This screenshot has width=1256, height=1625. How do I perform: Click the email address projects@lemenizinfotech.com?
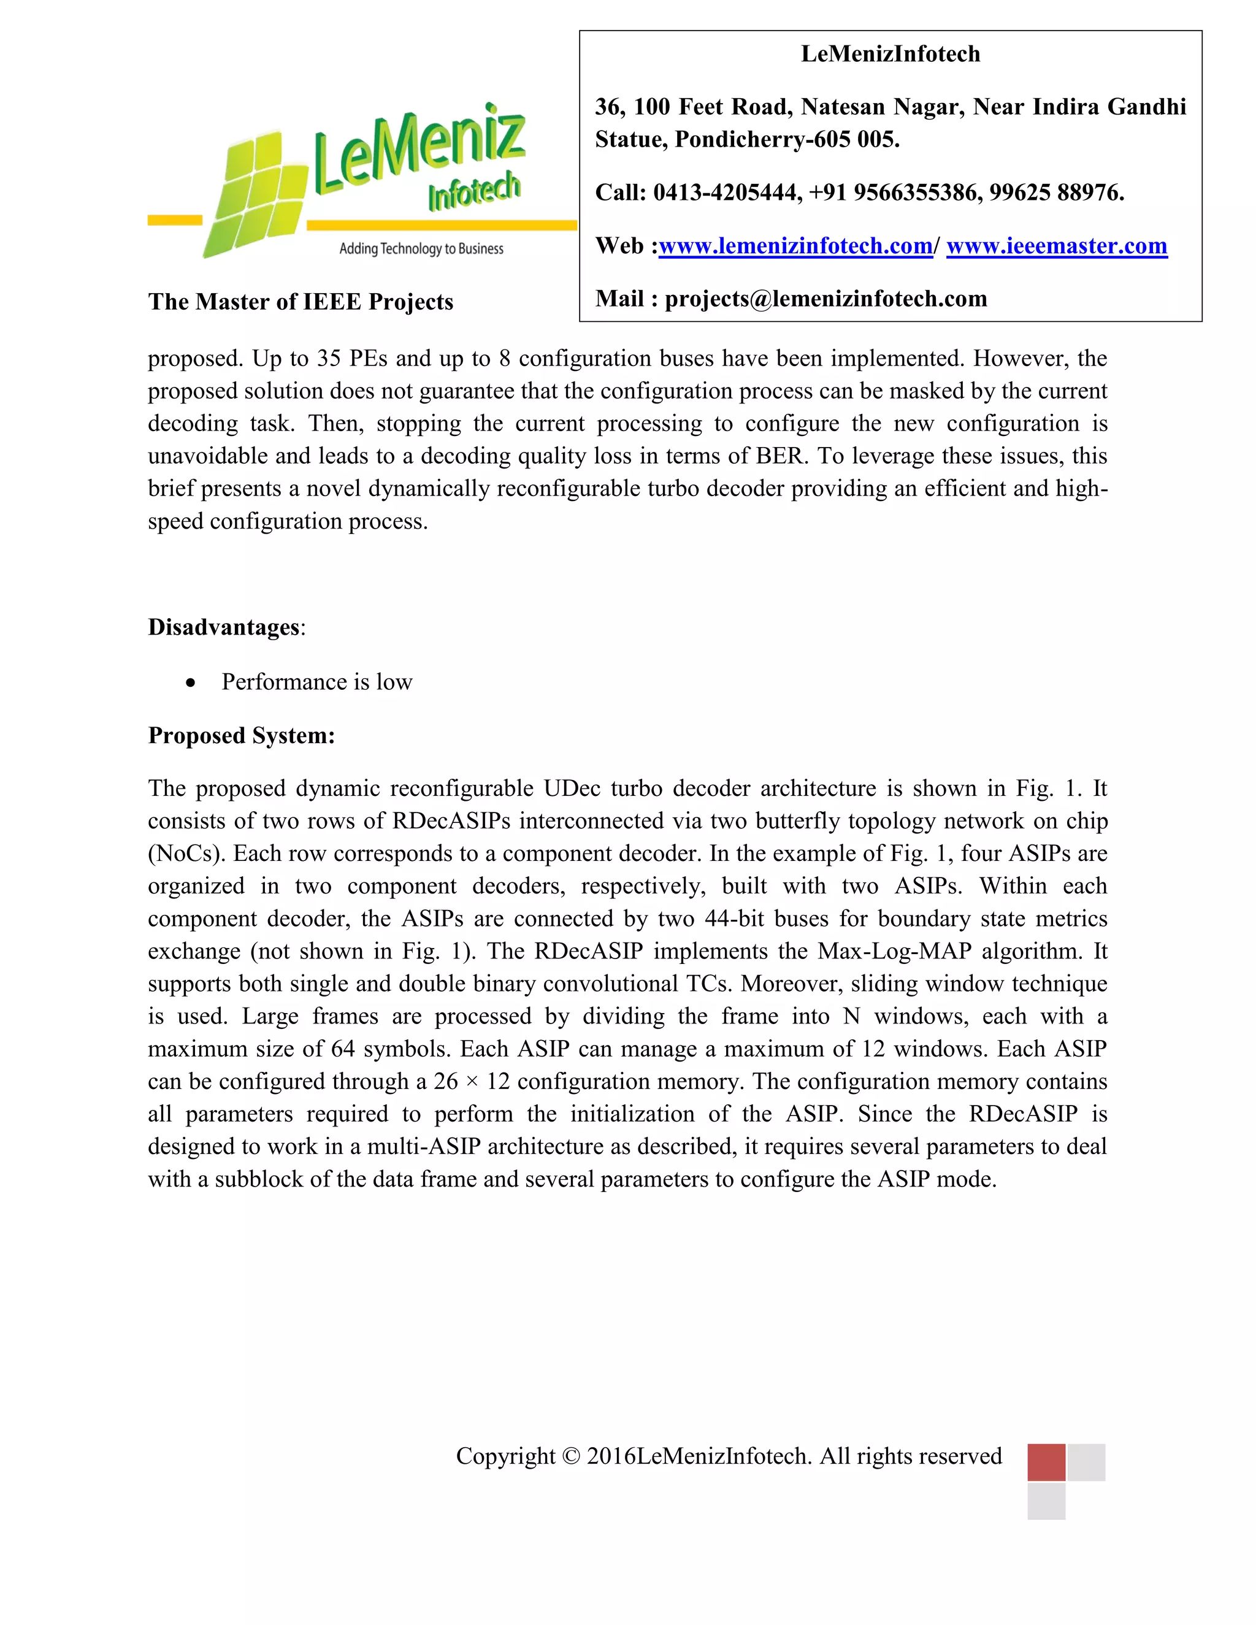[825, 299]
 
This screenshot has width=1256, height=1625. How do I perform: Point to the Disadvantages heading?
[223, 627]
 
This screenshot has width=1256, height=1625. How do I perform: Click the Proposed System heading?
[241, 735]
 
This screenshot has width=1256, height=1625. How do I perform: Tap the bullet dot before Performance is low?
[191, 682]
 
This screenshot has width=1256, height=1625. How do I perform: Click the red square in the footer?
[1046, 1462]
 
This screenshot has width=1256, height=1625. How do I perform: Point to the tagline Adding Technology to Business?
[421, 248]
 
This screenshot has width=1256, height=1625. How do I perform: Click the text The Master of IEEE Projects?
[300, 301]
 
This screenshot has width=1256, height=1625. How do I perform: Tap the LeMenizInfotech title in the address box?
[890, 53]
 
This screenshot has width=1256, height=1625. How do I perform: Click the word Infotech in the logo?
[473, 192]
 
